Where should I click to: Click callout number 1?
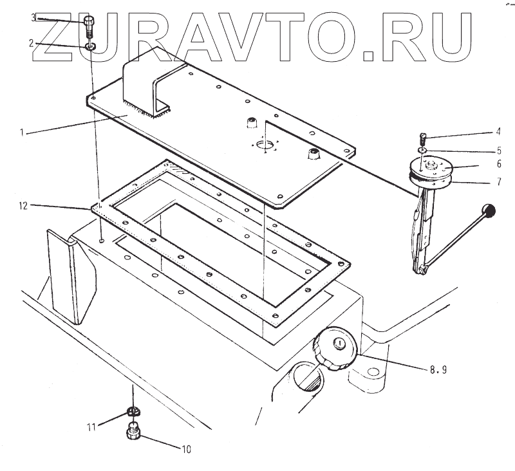[21, 133]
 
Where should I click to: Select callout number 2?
[30, 44]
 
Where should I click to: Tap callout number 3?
[33, 17]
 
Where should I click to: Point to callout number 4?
[498, 133]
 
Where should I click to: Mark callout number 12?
[23, 206]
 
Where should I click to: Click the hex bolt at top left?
[89, 26]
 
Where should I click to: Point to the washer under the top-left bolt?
[91, 47]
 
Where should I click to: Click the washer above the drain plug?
[135, 412]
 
